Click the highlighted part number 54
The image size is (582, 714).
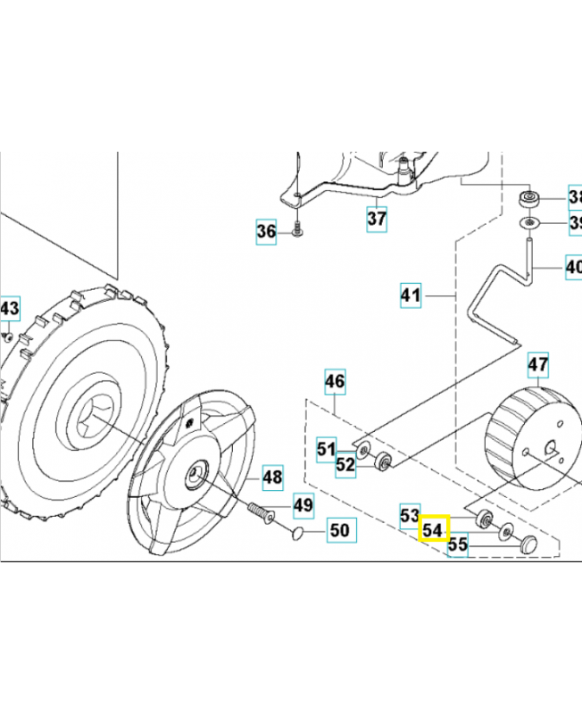pos(433,530)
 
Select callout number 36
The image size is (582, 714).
pos(266,232)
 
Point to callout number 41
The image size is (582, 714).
pos(410,295)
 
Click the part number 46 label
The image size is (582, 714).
pos(334,383)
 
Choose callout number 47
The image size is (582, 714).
pos(537,364)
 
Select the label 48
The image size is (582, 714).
pos(272,477)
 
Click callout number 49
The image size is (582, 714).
pos(303,505)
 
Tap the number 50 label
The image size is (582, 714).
pos(338,530)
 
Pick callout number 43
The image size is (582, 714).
pos(9,309)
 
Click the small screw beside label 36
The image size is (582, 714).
pos(295,232)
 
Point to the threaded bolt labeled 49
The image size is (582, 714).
pos(259,512)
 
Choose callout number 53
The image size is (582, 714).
pos(410,516)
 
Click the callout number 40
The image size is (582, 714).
pos(572,266)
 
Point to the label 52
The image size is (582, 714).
pos(345,464)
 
